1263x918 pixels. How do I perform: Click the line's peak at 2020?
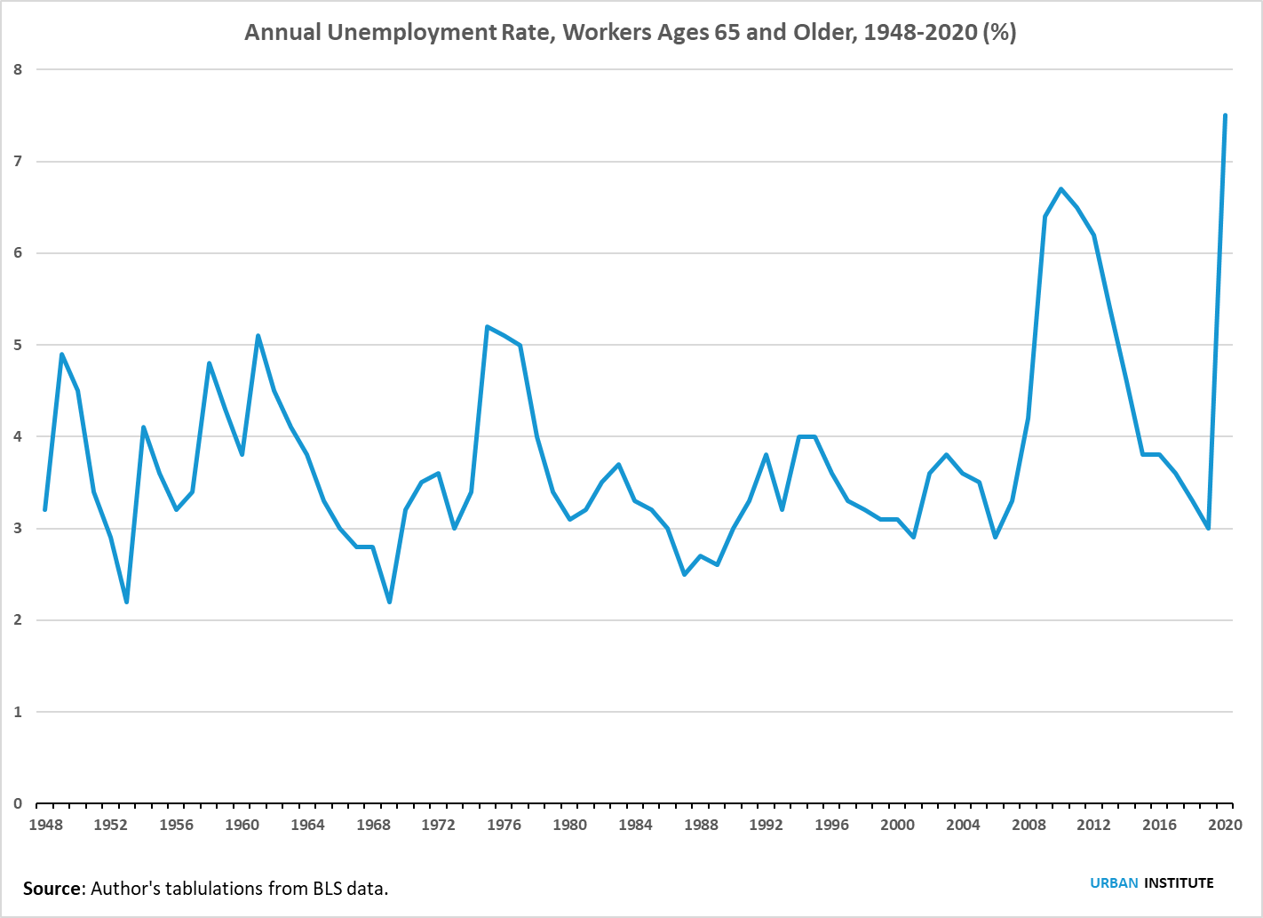pyautogui.click(x=1225, y=116)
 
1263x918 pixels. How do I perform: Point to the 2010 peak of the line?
pyautogui.click(x=1061, y=189)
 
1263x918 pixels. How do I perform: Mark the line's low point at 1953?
pyautogui.click(x=127, y=602)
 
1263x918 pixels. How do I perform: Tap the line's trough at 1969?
pyautogui.click(x=389, y=602)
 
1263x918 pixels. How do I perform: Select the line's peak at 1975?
pyautogui.click(x=488, y=327)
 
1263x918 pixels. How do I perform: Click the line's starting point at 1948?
pyautogui.click(x=45, y=509)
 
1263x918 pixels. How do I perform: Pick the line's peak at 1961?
pyautogui.click(x=258, y=336)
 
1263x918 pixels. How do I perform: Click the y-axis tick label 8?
pyautogui.click(x=18, y=69)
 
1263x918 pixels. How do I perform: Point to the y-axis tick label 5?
pyautogui.click(x=18, y=345)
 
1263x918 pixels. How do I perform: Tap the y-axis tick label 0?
pyautogui.click(x=18, y=803)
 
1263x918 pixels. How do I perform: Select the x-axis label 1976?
pyautogui.click(x=504, y=825)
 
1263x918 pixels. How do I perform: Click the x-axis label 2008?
pyautogui.click(x=1029, y=825)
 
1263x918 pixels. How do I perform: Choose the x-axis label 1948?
pyautogui.click(x=45, y=825)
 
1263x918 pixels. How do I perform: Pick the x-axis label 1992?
pyautogui.click(x=766, y=825)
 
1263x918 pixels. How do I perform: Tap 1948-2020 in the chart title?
pyautogui.click(x=920, y=33)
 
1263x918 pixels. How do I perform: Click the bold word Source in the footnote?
pyautogui.click(x=52, y=888)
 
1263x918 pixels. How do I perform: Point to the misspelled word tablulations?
pyautogui.click(x=210, y=888)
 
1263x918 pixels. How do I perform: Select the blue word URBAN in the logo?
pyautogui.click(x=1114, y=882)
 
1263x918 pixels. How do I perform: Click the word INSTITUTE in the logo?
pyautogui.click(x=1179, y=882)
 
